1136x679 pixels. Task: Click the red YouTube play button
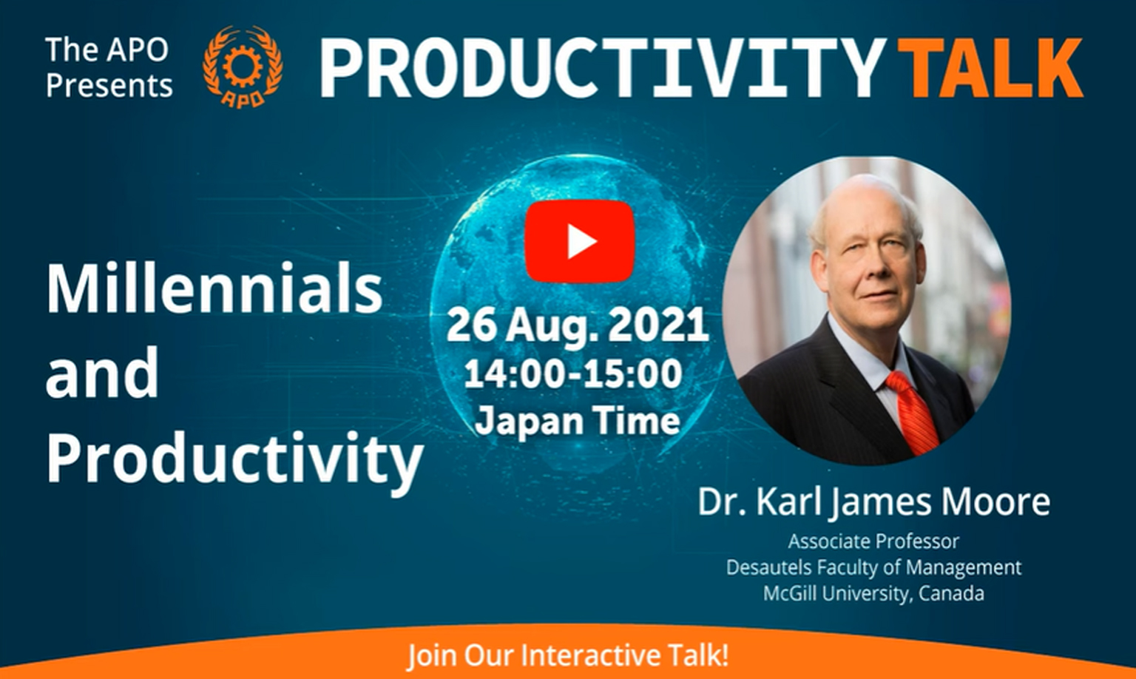click(x=580, y=241)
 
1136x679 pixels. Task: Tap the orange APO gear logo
click(x=243, y=67)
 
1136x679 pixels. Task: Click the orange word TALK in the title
click(x=990, y=67)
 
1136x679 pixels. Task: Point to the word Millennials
click(x=214, y=287)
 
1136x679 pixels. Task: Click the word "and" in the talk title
click(x=103, y=371)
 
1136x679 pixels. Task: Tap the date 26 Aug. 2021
click(x=577, y=325)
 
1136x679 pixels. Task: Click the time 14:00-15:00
click(x=573, y=374)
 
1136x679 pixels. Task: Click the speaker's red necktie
click(x=911, y=412)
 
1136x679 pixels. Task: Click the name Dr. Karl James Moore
click(x=873, y=501)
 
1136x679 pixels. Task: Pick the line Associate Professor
click(x=873, y=541)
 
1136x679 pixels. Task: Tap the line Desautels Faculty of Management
click(x=873, y=567)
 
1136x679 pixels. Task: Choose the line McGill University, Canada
click(x=873, y=593)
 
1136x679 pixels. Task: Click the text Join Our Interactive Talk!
click(x=568, y=655)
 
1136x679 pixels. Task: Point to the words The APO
click(x=107, y=50)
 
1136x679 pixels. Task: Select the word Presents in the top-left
click(x=109, y=84)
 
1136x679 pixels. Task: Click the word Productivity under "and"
click(x=234, y=459)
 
